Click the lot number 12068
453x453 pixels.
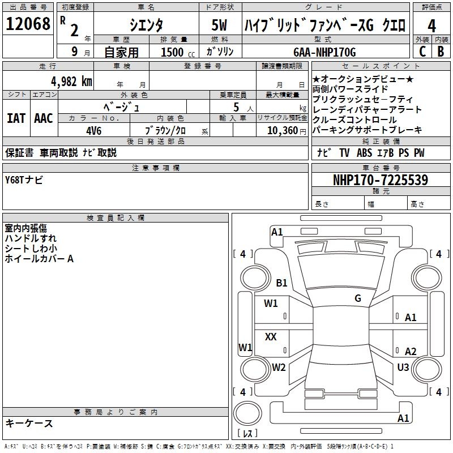coord(28,24)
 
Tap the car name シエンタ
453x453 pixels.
coord(146,25)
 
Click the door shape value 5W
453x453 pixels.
coord(220,25)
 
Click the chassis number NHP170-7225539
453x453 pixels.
coord(381,181)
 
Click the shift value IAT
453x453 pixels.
coord(16,118)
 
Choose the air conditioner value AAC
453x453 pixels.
coord(44,118)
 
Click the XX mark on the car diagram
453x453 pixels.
coord(271,337)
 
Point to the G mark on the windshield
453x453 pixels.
coord(357,298)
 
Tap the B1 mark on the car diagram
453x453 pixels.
coord(281,283)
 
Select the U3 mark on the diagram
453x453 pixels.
coord(403,367)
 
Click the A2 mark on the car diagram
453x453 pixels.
coord(411,352)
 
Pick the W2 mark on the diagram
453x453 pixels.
coord(279,367)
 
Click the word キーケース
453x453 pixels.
coord(29,423)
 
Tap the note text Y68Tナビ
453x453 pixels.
coord(24,180)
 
